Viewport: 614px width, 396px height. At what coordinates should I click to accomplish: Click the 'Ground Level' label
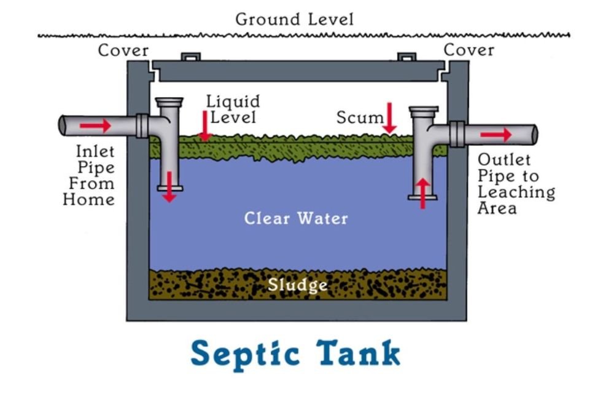(294, 20)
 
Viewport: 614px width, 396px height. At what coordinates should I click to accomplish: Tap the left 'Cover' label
(123, 50)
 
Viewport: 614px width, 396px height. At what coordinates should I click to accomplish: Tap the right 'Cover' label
(469, 50)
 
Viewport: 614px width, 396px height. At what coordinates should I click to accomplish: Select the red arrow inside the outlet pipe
(495, 135)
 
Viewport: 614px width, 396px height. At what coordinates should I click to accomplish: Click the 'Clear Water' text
(296, 218)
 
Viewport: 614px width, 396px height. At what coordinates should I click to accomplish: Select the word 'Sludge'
(297, 285)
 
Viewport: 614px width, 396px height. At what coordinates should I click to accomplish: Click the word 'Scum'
(360, 117)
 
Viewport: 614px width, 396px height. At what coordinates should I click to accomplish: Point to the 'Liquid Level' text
(233, 109)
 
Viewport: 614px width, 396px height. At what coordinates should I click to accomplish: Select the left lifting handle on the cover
(190, 57)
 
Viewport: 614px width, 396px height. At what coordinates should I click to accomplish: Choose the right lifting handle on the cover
(406, 57)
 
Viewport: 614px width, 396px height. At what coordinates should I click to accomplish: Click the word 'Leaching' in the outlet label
(516, 192)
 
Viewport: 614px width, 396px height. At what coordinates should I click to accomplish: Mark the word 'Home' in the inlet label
(88, 199)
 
